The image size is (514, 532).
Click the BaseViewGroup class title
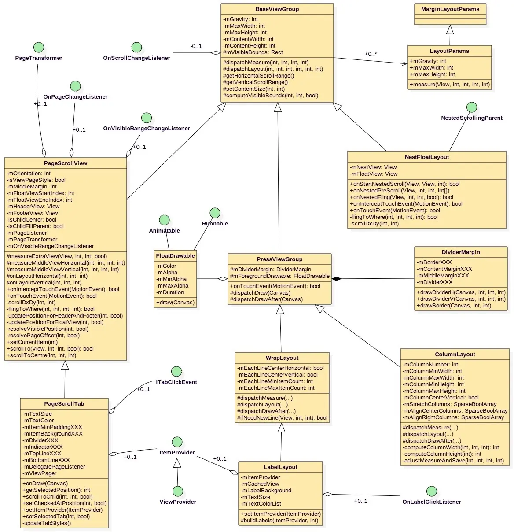[x=277, y=9]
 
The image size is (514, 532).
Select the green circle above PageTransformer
[x=39, y=47]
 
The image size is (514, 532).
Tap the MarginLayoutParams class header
[x=450, y=9]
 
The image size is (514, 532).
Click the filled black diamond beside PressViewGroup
[x=336, y=278]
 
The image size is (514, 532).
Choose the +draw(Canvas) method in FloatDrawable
[x=175, y=303]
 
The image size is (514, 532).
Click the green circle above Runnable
[x=215, y=213]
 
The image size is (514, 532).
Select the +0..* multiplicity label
[x=371, y=54]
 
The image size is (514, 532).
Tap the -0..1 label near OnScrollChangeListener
[x=196, y=46]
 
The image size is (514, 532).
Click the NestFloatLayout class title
[x=426, y=157]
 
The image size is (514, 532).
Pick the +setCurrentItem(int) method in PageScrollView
[x=32, y=342]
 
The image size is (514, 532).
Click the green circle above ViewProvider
[x=178, y=491]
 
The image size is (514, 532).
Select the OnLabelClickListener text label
[x=431, y=502]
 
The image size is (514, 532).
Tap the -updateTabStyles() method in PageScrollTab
[x=47, y=523]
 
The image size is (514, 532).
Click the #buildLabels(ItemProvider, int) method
[x=279, y=521]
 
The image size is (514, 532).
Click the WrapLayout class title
[x=282, y=358]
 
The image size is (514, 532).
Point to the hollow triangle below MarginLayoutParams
[x=450, y=30]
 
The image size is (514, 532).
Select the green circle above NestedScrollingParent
[x=471, y=107]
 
